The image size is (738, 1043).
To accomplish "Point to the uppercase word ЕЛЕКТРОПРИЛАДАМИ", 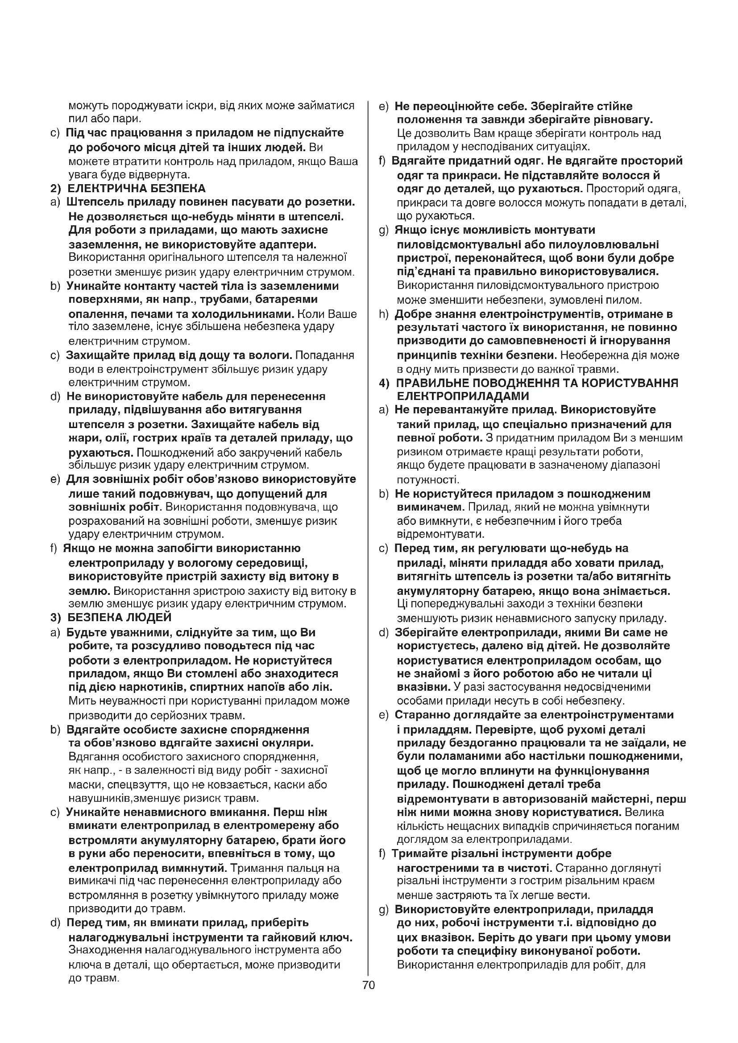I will click(x=463, y=396).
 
